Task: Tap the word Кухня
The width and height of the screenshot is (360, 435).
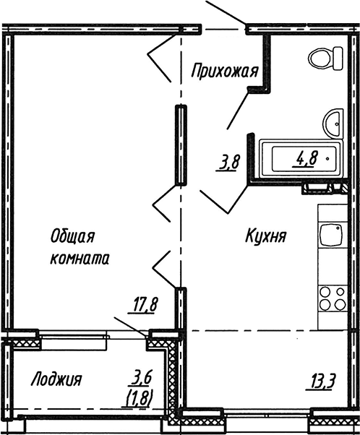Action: (x=267, y=236)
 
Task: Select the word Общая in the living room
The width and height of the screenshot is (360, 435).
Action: (x=74, y=236)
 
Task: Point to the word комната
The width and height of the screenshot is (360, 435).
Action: (x=80, y=258)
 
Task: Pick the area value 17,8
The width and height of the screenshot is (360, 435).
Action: (x=145, y=305)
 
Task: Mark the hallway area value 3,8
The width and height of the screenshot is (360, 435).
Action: (x=229, y=163)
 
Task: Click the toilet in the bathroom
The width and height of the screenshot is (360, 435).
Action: (x=325, y=57)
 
